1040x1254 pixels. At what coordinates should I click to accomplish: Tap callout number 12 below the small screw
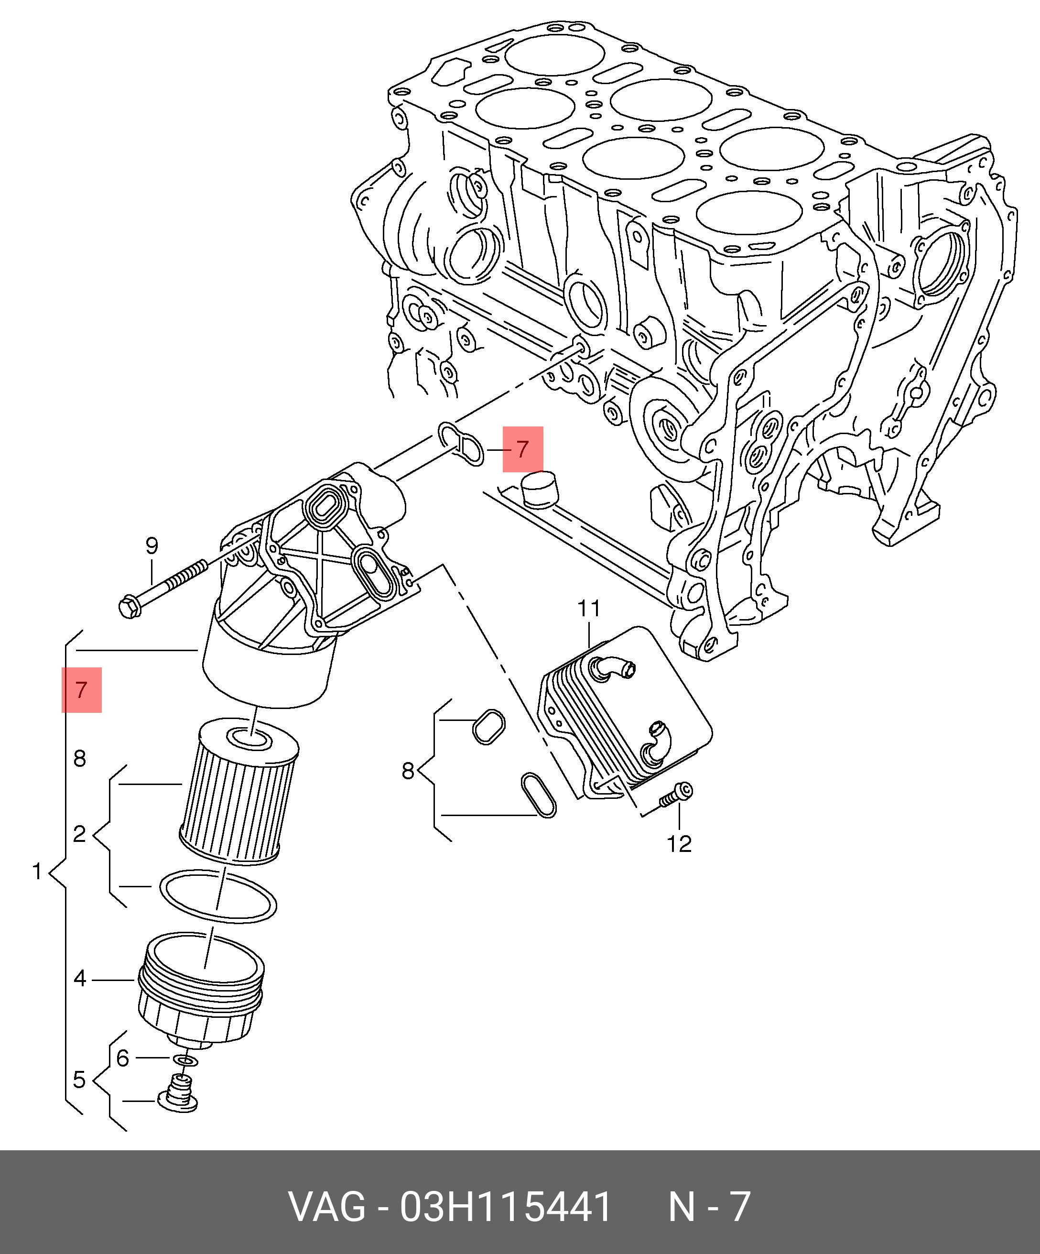click(x=679, y=844)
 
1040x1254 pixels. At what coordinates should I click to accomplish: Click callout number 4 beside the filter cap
click(x=80, y=979)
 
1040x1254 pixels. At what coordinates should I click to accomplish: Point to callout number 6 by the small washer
click(x=122, y=1058)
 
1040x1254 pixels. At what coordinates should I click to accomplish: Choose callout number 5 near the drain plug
click(x=79, y=1080)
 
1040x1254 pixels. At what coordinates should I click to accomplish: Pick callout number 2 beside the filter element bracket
click(x=79, y=834)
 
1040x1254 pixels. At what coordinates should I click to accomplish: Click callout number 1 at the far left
click(x=37, y=872)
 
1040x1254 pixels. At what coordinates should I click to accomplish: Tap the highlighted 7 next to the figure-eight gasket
click(x=522, y=449)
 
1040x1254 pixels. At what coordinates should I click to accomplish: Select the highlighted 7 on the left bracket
click(x=82, y=690)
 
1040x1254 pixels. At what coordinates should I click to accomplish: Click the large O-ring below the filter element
click(x=218, y=896)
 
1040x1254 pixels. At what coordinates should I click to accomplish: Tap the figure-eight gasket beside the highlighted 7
click(x=461, y=444)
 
